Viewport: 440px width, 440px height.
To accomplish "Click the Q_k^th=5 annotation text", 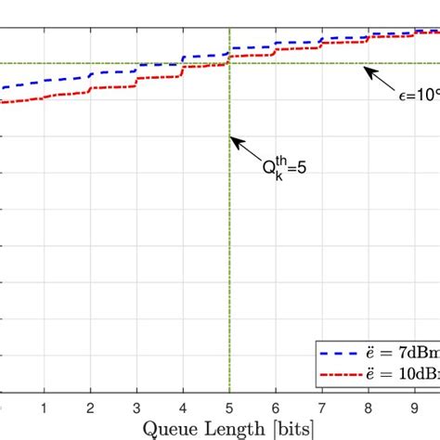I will pos(281,170).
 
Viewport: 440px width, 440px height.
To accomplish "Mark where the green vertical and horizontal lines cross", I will pos(229,63).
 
